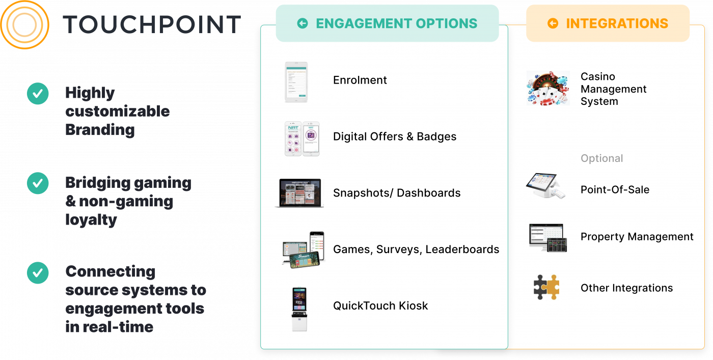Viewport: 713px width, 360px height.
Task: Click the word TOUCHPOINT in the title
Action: (152, 24)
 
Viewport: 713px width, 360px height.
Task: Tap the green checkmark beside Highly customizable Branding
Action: (38, 94)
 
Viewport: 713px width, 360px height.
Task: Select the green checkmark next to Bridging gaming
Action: (38, 183)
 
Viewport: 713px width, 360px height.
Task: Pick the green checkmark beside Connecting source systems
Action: (38, 273)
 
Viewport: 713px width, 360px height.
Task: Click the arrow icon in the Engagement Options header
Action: (303, 23)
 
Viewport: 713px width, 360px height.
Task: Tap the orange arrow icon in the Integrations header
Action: (553, 23)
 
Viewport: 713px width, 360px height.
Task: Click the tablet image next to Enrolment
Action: (296, 82)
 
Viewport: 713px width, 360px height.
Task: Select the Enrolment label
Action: (360, 80)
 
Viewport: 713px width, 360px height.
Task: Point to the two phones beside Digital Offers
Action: (302, 139)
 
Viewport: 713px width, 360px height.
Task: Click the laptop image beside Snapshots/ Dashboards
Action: (299, 193)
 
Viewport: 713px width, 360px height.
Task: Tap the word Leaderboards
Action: (462, 249)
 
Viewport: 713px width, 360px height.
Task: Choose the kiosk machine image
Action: (299, 310)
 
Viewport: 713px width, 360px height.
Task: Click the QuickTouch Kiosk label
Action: (380, 306)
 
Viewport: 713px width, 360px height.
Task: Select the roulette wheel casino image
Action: (548, 88)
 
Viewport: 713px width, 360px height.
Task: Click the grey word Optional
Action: (601, 158)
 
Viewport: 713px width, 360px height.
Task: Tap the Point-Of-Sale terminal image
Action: (545, 186)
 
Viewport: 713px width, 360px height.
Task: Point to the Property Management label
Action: (637, 237)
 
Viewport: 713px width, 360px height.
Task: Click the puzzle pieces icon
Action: (546, 287)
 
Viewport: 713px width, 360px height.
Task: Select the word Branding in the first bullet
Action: (100, 130)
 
